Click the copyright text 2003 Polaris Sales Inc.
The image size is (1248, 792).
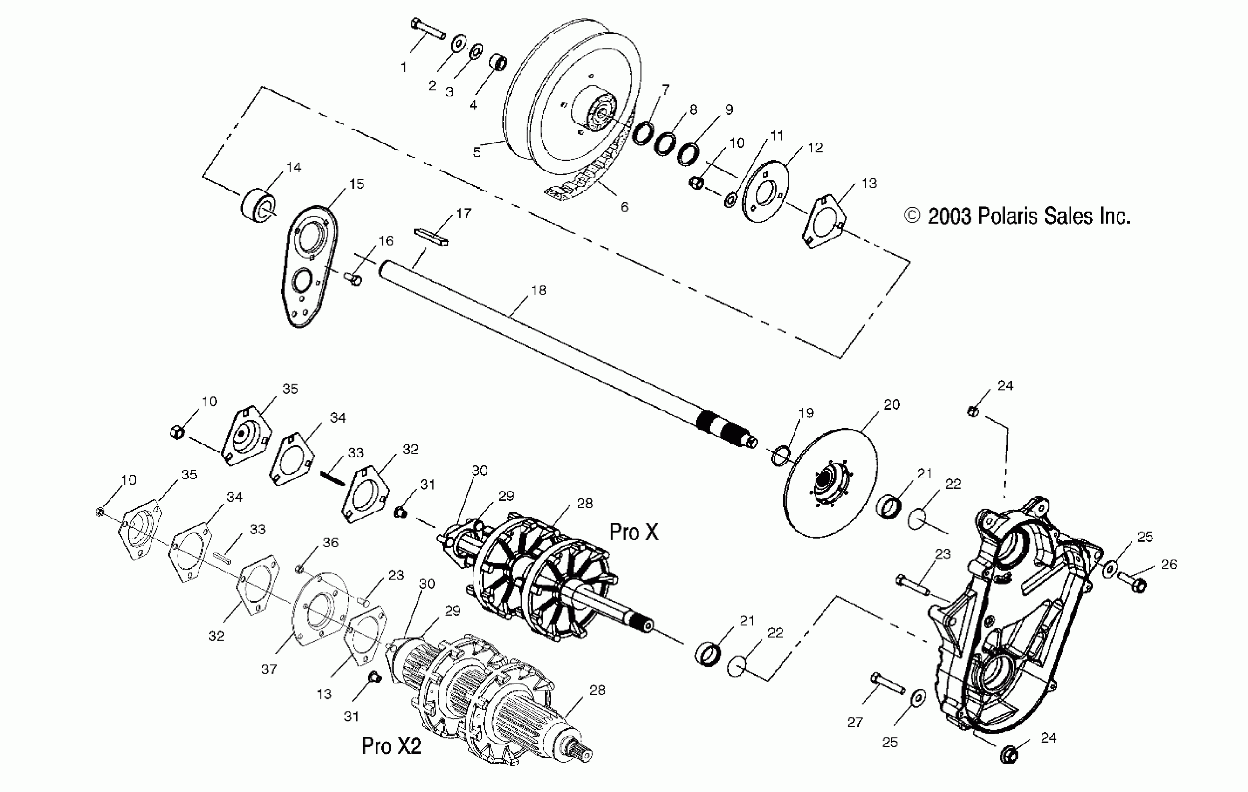pyautogui.click(x=1017, y=216)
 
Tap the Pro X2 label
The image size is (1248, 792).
pyautogui.click(x=391, y=746)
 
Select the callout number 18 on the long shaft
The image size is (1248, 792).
pyautogui.click(x=538, y=290)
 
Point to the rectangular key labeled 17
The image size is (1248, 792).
pyautogui.click(x=431, y=236)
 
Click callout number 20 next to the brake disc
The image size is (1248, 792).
pyautogui.click(x=891, y=404)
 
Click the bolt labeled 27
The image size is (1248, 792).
pyautogui.click(x=888, y=684)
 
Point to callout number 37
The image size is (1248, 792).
pyautogui.click(x=268, y=669)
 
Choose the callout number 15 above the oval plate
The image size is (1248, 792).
pyautogui.click(x=357, y=184)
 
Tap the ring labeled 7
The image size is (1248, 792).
pyautogui.click(x=643, y=134)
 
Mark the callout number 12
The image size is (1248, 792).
pyautogui.click(x=815, y=148)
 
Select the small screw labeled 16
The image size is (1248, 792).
pyautogui.click(x=353, y=279)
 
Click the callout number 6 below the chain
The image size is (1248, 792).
pyautogui.click(x=624, y=207)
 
